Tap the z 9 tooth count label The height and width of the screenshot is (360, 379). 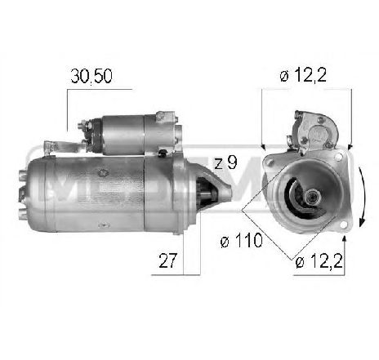[x=225, y=162]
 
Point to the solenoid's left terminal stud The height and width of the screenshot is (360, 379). [x=82, y=126]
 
